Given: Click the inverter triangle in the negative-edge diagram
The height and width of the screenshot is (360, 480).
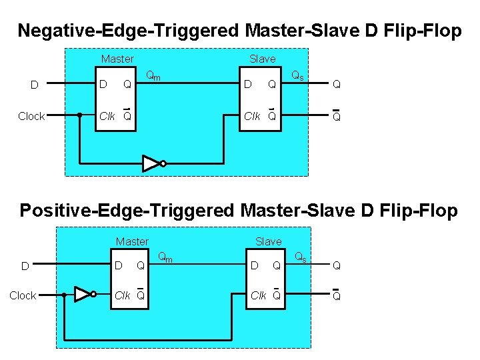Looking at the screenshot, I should [x=151, y=163].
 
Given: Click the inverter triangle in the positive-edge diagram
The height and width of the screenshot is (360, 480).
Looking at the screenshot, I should [x=82, y=295].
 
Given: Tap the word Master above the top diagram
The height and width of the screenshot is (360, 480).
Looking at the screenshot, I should [x=117, y=59].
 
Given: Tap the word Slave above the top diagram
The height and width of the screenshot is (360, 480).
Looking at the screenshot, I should [x=262, y=59].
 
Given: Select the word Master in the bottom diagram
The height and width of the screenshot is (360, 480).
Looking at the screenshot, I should [x=132, y=241].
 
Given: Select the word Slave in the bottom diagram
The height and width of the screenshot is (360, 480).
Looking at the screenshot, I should [x=269, y=241].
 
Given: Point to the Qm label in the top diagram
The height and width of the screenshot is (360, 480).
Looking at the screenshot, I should [x=153, y=76].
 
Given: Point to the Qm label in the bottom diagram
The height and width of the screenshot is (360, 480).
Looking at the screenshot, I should [x=165, y=256].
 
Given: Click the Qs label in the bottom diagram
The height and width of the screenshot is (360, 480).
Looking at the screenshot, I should [x=301, y=256].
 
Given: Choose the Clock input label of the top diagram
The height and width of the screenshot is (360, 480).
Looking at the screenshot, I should [x=31, y=116].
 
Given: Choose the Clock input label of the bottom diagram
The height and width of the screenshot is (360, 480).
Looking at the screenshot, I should [x=23, y=295].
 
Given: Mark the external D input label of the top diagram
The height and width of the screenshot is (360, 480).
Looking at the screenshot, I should [x=35, y=85].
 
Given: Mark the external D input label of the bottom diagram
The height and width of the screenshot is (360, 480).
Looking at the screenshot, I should [x=25, y=266].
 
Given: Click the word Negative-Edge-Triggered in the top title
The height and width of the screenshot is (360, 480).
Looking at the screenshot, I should [x=129, y=31].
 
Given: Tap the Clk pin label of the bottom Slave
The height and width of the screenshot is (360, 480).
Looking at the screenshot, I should [x=259, y=295].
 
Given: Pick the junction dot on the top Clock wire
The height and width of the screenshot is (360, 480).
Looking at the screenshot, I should [x=80, y=115].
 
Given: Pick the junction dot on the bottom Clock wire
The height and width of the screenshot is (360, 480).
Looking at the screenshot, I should [x=64, y=295].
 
